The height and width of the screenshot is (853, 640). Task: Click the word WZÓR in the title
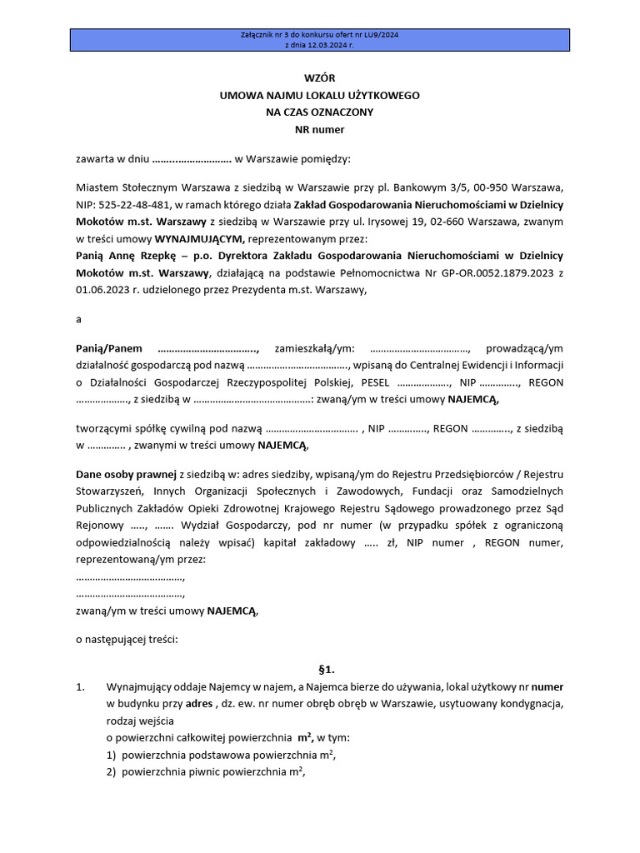(319, 78)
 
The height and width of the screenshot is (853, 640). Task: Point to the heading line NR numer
(319, 130)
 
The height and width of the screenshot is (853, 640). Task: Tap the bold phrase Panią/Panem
(108, 348)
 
